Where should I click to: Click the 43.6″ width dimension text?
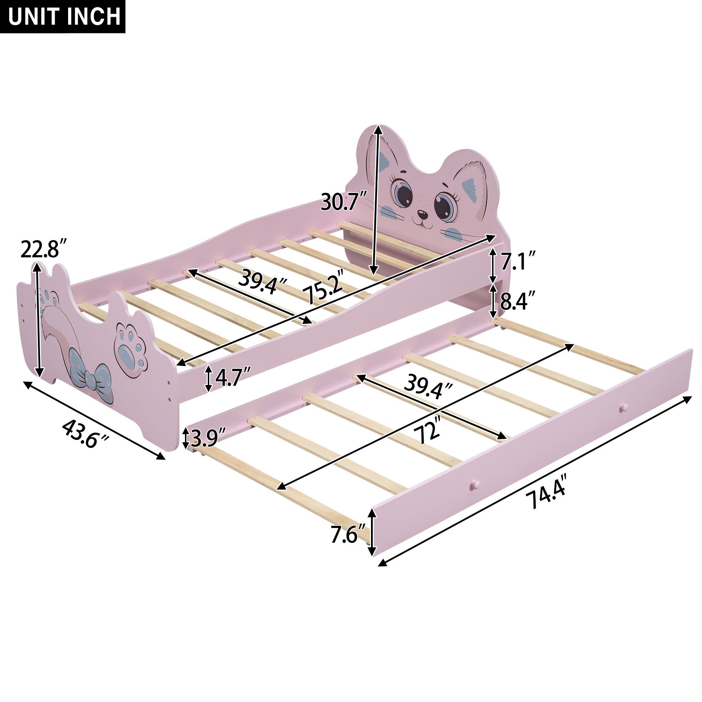coord(86,434)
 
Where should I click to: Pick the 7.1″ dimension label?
coord(518,260)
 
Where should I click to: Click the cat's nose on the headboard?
coord(422,214)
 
